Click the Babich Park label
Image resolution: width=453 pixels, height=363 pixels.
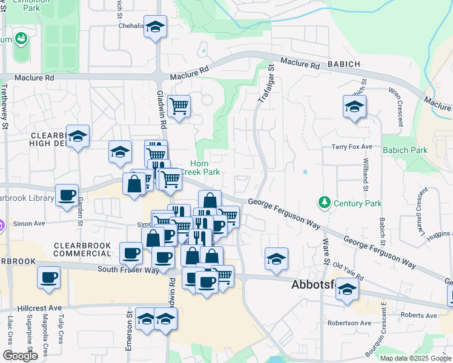click(x=405, y=150)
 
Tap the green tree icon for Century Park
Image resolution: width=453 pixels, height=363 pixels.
click(x=324, y=201)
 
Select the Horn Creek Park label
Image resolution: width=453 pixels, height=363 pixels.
click(x=205, y=168)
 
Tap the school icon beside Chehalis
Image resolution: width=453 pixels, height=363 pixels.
click(x=156, y=27)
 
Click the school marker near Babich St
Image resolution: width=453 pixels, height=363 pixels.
click(x=354, y=107)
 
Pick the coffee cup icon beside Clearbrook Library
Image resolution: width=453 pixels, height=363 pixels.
click(x=67, y=195)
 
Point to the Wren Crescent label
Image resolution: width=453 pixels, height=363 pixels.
click(x=399, y=108)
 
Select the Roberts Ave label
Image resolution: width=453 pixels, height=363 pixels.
click(x=418, y=315)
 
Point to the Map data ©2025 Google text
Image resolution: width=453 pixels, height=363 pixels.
click(x=415, y=358)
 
